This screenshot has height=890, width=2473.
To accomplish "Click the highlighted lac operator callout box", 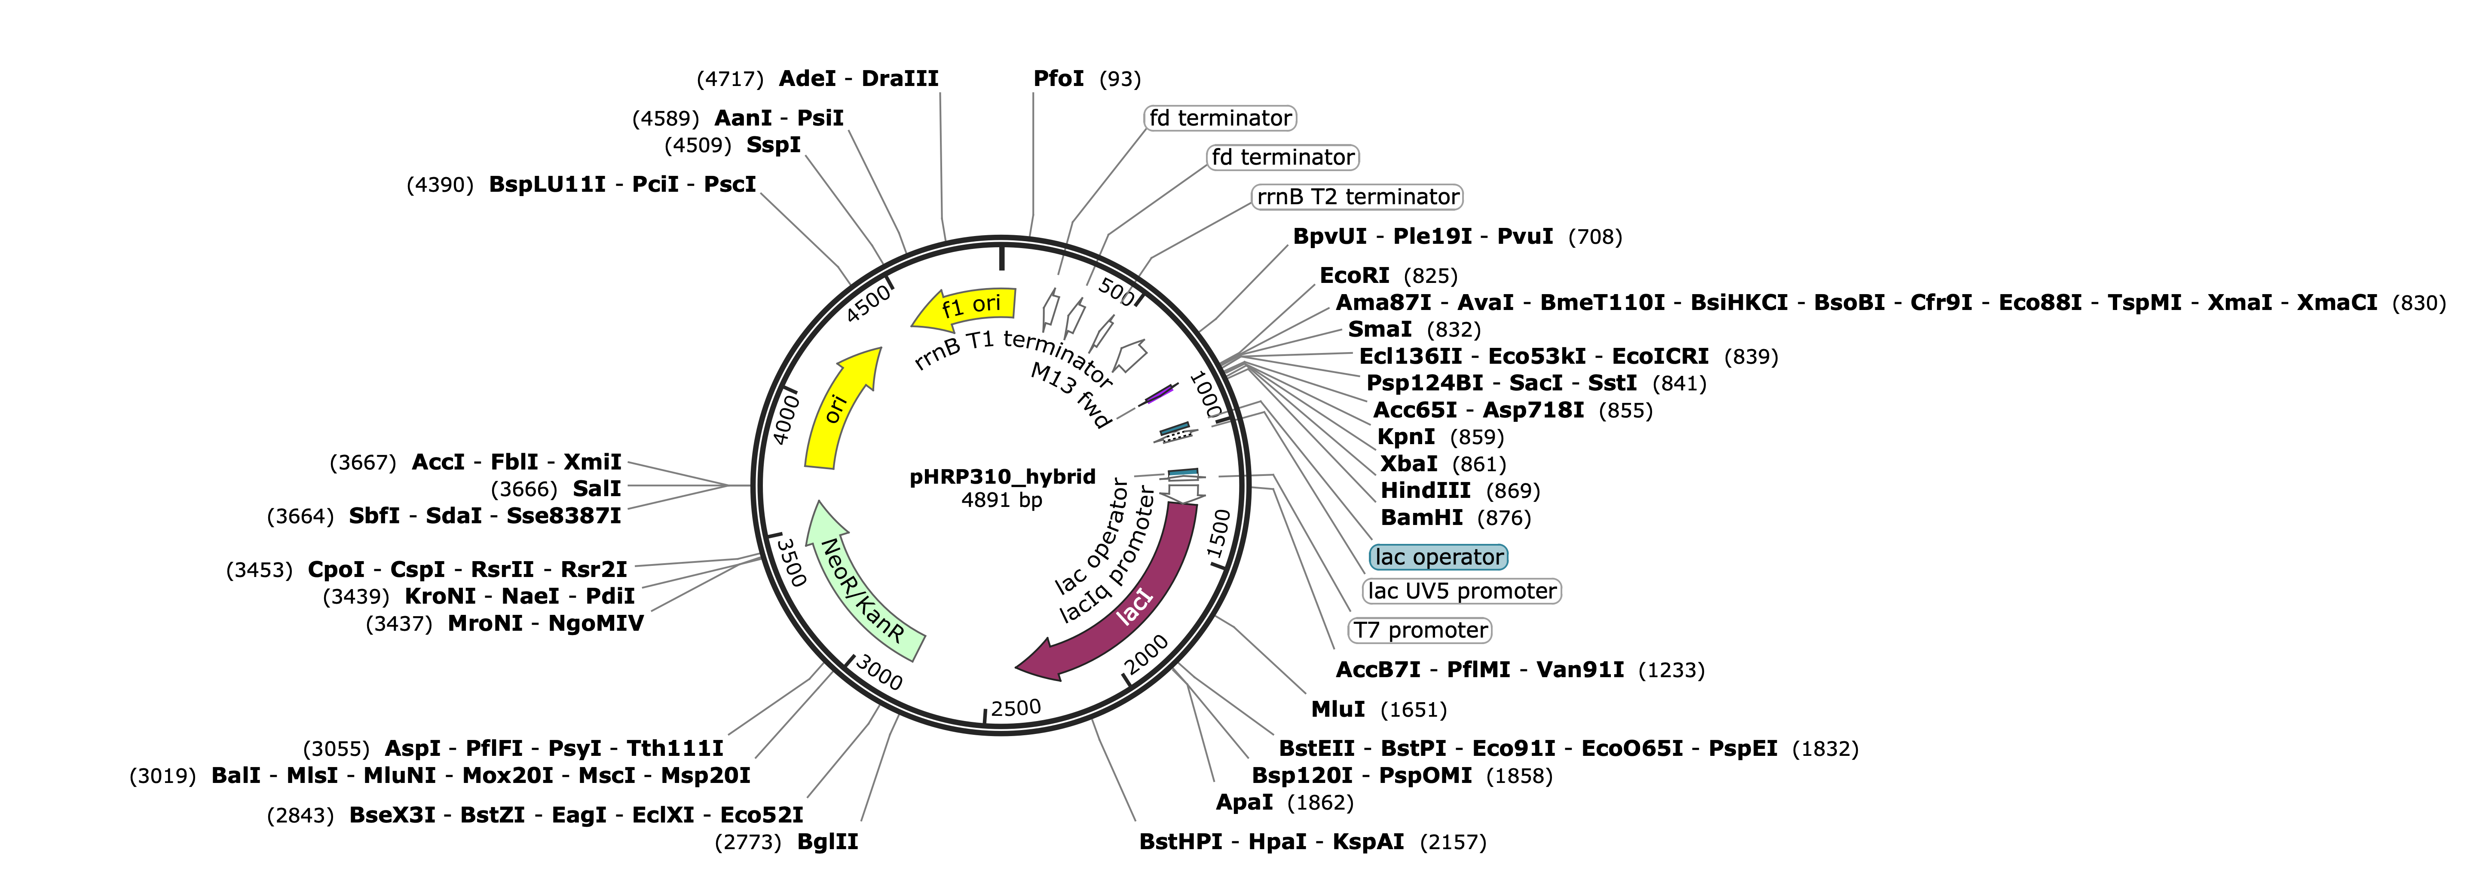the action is coord(1438,557).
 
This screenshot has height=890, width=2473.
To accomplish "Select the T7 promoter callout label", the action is coord(1421,630).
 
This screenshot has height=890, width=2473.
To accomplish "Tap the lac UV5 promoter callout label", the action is coord(1462,590).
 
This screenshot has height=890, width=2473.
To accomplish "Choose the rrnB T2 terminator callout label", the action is coord(1357,197).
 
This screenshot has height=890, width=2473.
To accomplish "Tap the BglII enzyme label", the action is coord(827,842).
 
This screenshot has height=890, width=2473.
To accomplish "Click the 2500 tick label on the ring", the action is coord(1016,709).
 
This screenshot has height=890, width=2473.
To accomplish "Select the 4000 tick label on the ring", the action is coord(785,417).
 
